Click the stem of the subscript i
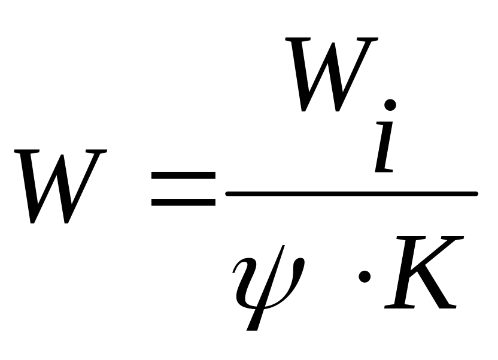383,150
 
